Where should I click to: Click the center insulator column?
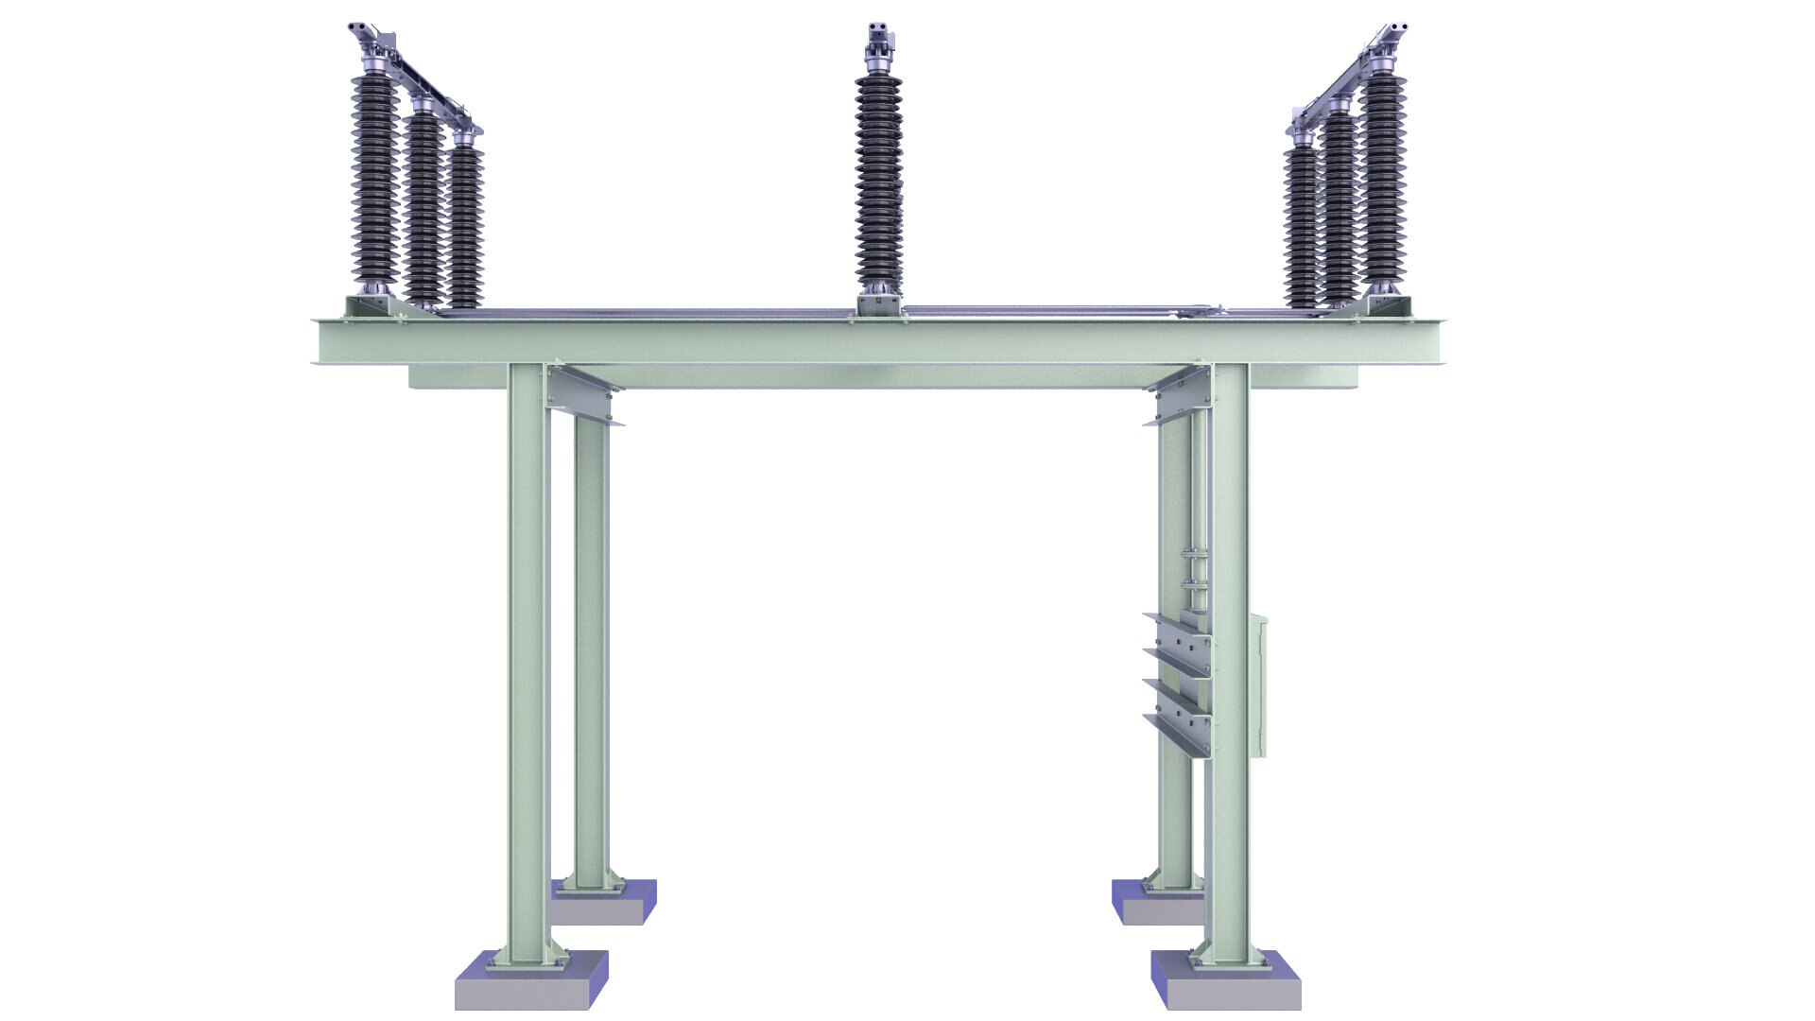[879, 180]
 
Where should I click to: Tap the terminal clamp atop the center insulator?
[880, 38]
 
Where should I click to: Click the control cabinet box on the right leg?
[1258, 685]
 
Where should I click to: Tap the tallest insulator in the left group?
[375, 180]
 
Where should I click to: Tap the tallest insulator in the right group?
[1383, 180]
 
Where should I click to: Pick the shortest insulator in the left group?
[465, 227]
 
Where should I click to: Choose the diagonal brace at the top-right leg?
[1177, 392]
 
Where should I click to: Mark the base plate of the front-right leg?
[1228, 962]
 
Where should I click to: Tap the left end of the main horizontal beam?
[326, 341]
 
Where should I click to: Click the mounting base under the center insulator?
[879, 304]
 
